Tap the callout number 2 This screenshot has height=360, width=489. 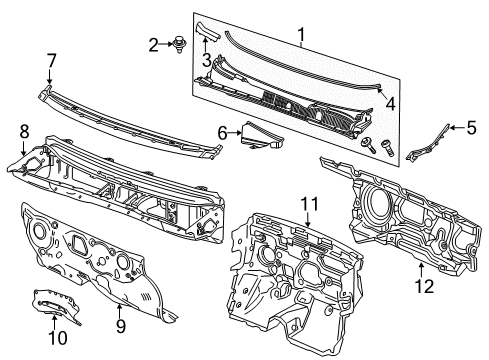pos(154,43)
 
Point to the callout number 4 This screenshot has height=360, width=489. pos(389,103)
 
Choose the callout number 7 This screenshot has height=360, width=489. pos(51,62)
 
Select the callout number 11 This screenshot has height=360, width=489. pos(307,205)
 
